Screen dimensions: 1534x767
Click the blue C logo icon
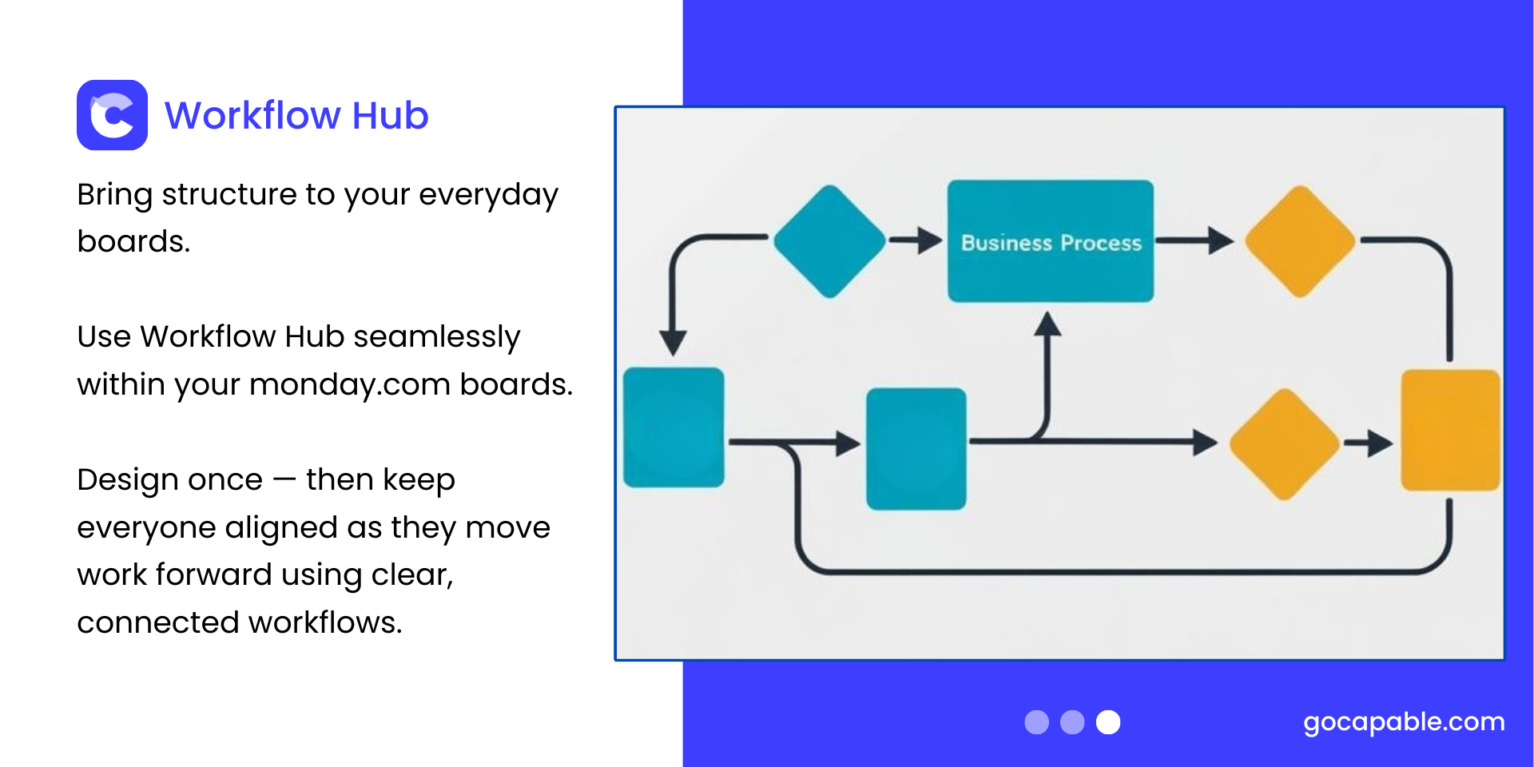coord(112,115)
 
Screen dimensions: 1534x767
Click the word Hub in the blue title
coord(390,115)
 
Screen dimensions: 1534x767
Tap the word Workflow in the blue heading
coord(252,115)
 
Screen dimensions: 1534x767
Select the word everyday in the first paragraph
coord(488,196)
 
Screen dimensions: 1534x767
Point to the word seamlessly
coord(437,338)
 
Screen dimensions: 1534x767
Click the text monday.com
coord(350,384)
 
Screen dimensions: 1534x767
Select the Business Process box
coord(1051,241)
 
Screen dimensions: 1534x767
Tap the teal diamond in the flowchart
coord(830,241)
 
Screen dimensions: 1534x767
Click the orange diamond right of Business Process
coord(1301,241)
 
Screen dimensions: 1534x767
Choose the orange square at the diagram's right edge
coord(1450,430)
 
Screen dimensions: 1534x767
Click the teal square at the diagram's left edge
coord(674,427)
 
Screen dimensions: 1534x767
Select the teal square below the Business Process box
coord(916,449)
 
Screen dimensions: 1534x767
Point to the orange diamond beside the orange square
coord(1285,444)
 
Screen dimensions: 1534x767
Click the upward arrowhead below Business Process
coord(1047,324)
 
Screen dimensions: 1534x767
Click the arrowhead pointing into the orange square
coord(1381,443)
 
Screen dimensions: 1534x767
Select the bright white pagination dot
coord(1108,722)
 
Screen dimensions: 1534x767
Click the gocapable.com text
coord(1404,722)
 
